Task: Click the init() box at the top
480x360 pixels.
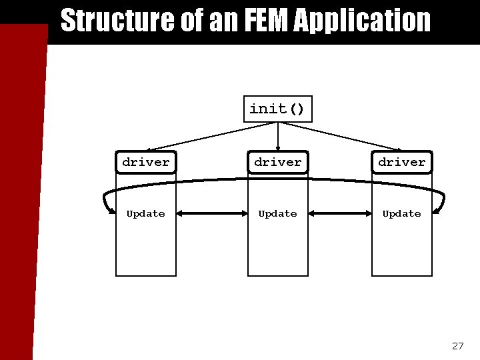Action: coord(277,109)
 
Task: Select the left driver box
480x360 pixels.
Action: coord(146,162)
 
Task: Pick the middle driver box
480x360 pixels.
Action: coord(278,162)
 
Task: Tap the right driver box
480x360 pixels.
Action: coord(401,162)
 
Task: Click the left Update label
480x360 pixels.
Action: coord(146,213)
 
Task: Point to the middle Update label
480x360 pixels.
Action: coord(278,213)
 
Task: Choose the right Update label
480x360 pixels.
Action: coord(401,213)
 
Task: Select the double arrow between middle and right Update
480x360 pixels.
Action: coord(341,213)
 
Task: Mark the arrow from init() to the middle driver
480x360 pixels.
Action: coord(277,136)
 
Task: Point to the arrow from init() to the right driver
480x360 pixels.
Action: coord(347,135)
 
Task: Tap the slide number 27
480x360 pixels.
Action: coord(457,345)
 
